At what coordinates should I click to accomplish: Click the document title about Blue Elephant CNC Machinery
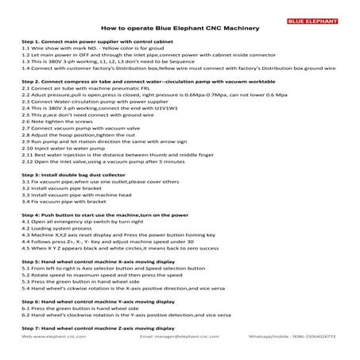[180, 25]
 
